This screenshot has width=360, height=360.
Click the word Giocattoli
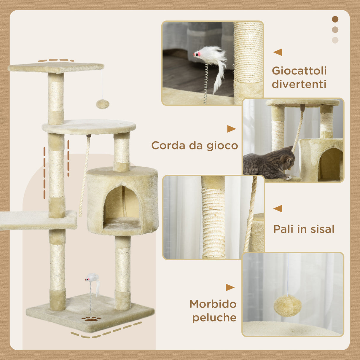coord(299,71)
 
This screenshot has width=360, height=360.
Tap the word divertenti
coord(299,84)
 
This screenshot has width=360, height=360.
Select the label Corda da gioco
coord(195,146)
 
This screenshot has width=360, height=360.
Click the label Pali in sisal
coord(304,229)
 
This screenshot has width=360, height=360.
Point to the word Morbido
coord(213,304)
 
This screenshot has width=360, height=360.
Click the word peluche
coord(214,318)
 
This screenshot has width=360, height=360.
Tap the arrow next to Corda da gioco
coord(231,129)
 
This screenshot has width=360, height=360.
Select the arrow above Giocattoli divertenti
coord(278,52)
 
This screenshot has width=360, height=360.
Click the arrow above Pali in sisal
coord(278,208)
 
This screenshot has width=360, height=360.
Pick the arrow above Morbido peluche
coord(230,287)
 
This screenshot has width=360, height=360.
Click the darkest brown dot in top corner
coord(335,19)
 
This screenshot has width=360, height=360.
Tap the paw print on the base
coord(91,319)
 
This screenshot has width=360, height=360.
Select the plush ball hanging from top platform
coord(103,104)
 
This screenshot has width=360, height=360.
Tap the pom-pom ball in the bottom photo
coord(287,305)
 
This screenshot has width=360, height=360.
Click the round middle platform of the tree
coord(89,127)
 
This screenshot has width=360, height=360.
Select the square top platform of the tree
coord(56,68)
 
